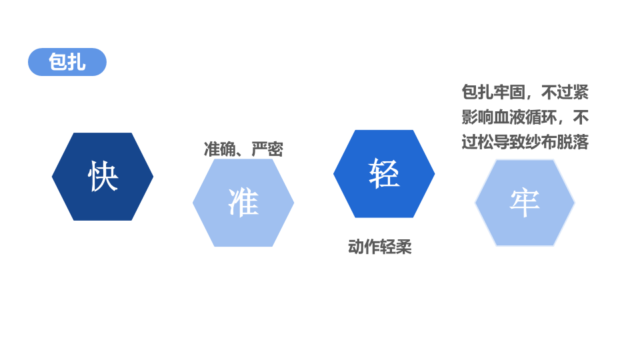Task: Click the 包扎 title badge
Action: coord(67,62)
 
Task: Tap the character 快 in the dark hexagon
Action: coord(103,177)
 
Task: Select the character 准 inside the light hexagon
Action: coord(243,202)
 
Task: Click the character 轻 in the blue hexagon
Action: coord(384,173)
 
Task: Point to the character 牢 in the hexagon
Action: coord(525,203)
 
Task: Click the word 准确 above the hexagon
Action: coord(219,149)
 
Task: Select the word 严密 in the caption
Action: coord(267,149)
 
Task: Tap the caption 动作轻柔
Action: coord(380,247)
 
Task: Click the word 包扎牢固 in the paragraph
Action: coord(493,92)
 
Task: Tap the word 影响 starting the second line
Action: coord(477,117)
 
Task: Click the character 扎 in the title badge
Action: coord(77,62)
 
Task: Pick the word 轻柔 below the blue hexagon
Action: coord(396,247)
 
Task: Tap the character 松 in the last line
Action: coord(485,142)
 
